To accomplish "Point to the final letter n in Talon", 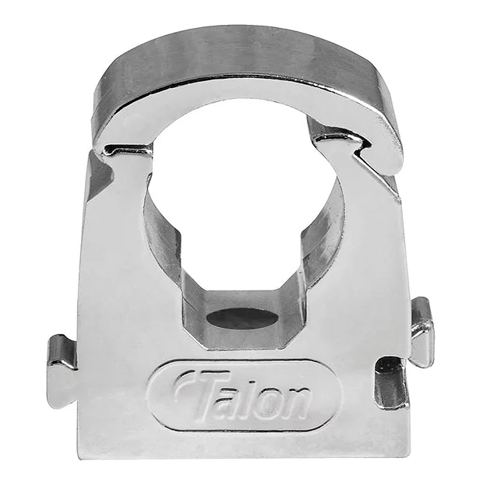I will pos(297,402).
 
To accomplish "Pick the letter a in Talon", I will pos(233,400).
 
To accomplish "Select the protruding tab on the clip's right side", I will pos(421,332).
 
